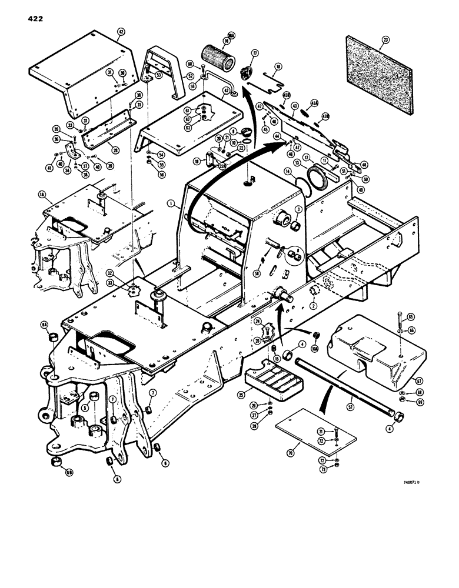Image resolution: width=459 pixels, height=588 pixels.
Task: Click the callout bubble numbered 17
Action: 255,52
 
